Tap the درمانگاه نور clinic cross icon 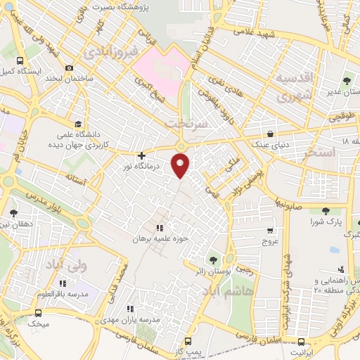pyautogui.click(x=142, y=155)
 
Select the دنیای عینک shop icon pyautogui.click(x=271, y=134)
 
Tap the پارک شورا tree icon pyautogui.click(x=325, y=210)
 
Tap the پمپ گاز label pyautogui.click(x=189, y=349)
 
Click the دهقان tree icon pyautogui.click(x=14, y=212)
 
